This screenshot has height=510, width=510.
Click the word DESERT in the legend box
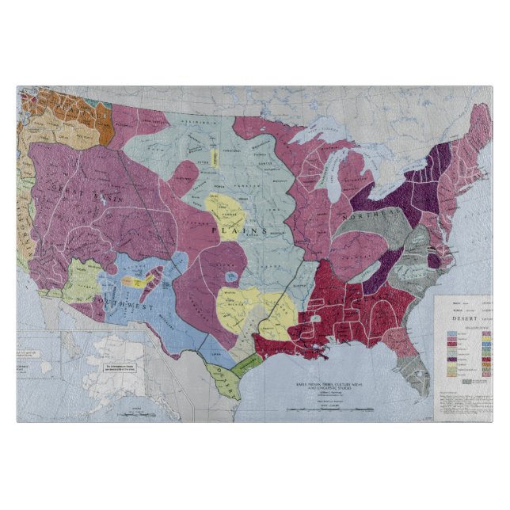click(x=459, y=314)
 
